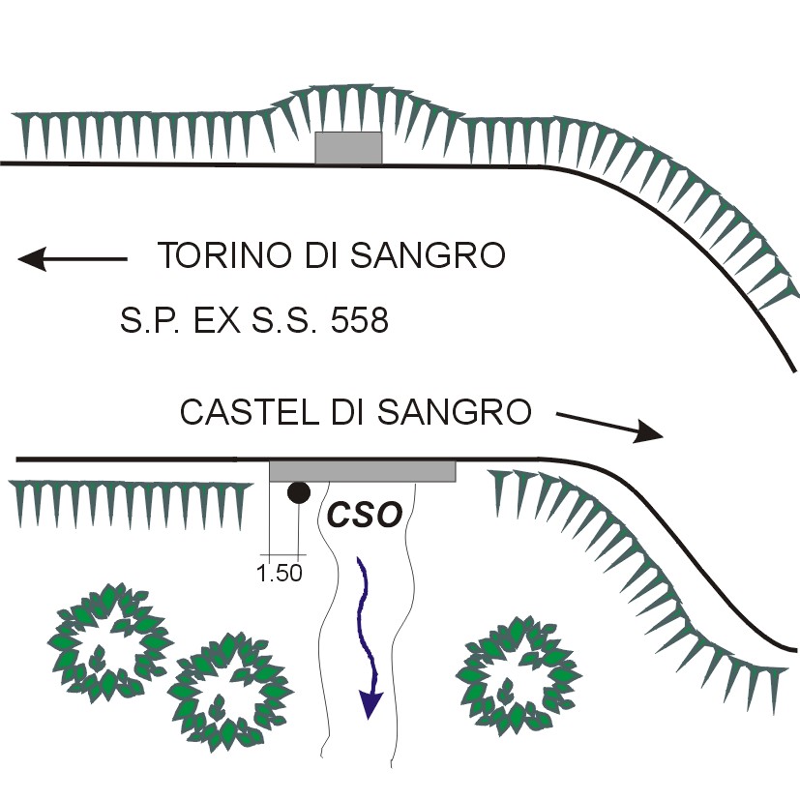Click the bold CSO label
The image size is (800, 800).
(x=364, y=515)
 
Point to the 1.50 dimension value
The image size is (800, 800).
(x=279, y=573)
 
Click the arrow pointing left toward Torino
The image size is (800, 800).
(x=73, y=258)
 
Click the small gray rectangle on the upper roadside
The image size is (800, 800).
(x=348, y=148)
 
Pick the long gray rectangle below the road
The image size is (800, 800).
(x=362, y=471)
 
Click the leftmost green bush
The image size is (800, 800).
(x=109, y=633)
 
